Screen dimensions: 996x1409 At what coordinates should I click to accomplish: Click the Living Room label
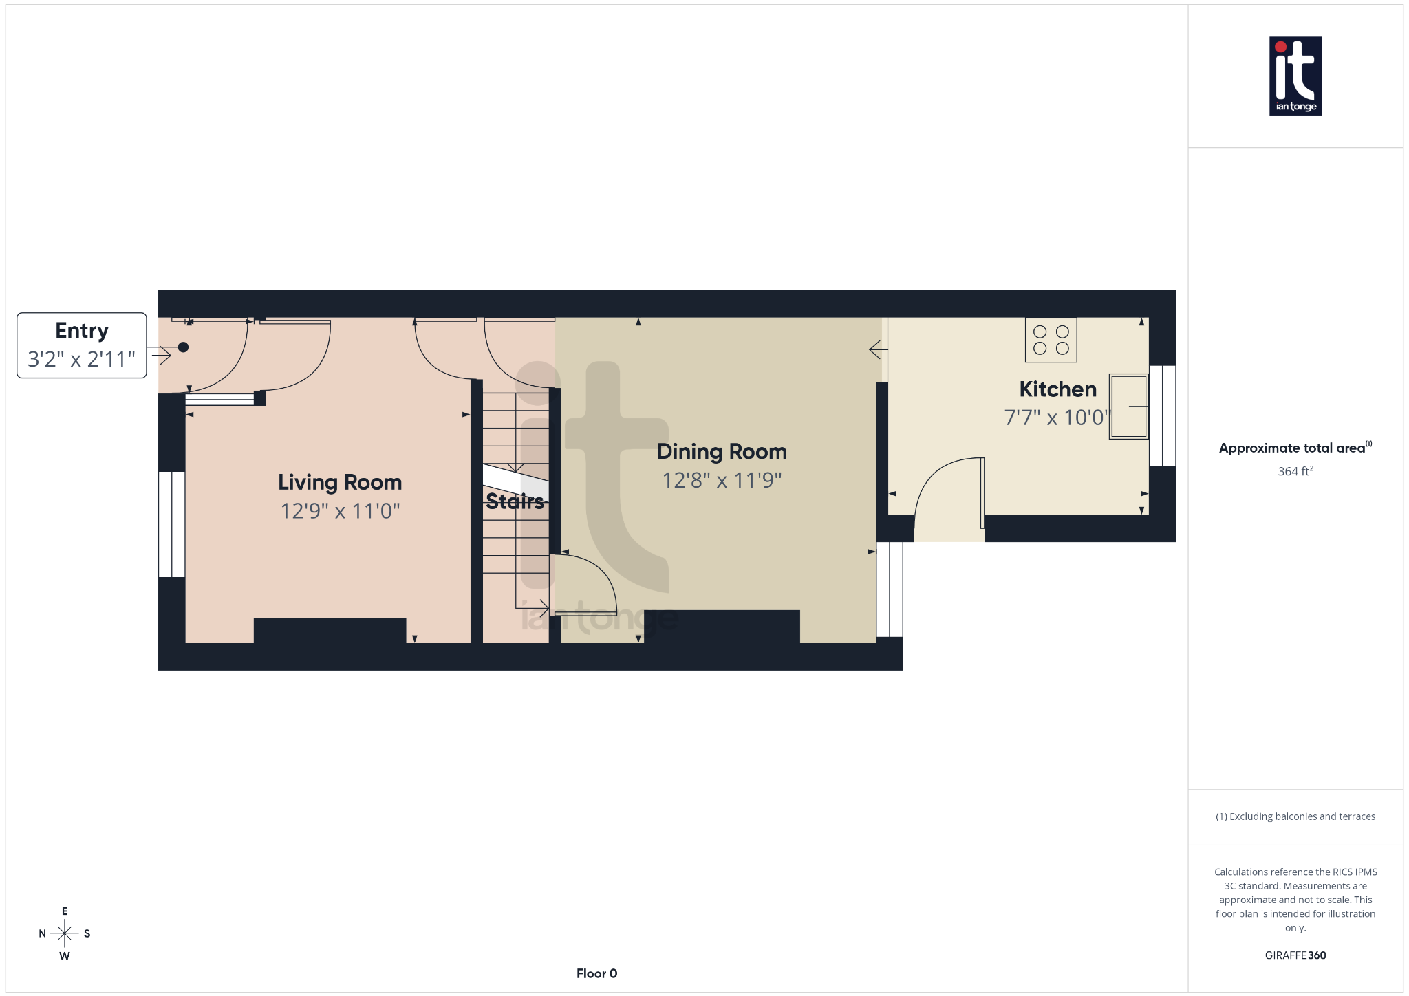pos(340,482)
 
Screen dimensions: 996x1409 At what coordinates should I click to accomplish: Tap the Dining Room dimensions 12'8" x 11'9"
pos(722,480)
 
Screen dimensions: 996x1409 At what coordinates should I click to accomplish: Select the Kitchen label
pos(1057,389)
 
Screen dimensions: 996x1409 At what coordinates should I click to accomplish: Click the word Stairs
pos(515,501)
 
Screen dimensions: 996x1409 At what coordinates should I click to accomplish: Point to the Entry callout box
pos(82,345)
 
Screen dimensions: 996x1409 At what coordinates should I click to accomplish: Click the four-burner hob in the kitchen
pos(1051,340)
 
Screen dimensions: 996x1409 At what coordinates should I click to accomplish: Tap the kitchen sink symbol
pos(1128,406)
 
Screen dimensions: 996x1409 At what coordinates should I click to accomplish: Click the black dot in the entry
pos(183,347)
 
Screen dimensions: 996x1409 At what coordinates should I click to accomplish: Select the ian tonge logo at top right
pos(1295,76)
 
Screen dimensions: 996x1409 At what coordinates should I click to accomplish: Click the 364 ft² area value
pos(1295,471)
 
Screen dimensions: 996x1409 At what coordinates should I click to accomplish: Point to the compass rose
pos(65,933)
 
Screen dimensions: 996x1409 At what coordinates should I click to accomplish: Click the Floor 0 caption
pos(596,973)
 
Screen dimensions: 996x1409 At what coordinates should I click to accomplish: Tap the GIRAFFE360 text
pos(1295,955)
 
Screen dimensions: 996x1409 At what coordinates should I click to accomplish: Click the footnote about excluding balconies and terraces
pos(1295,816)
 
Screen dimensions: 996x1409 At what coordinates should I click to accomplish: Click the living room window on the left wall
pos(171,524)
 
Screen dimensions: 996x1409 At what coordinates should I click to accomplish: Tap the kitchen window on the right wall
pos(1163,415)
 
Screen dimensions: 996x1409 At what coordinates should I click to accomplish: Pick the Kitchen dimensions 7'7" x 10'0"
pos(1057,418)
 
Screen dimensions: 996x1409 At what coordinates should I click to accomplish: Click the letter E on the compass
pos(65,911)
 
